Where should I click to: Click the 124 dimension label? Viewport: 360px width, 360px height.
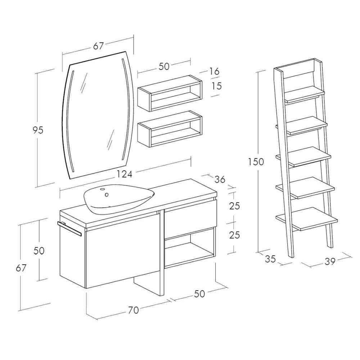[125, 174]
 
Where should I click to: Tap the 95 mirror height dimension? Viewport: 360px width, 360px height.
[38, 130]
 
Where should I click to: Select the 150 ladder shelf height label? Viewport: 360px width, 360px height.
[256, 162]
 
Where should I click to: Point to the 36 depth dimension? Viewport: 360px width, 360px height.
[220, 179]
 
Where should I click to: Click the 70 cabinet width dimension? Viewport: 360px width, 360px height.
[134, 310]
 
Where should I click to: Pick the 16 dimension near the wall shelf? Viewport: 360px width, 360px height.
[214, 71]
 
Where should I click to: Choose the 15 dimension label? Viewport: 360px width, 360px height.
[217, 86]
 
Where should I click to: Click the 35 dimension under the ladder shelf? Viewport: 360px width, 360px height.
[270, 259]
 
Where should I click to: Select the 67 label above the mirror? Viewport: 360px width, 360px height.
[99, 46]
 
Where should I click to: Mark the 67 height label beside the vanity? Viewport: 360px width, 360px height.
[21, 268]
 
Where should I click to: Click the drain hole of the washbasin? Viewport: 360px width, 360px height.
[107, 195]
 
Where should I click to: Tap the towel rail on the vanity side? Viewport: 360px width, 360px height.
[69, 229]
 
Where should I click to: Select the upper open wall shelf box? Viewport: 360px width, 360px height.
[170, 93]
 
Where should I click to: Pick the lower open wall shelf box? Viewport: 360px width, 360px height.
[170, 129]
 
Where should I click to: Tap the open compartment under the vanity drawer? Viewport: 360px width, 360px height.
[190, 248]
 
